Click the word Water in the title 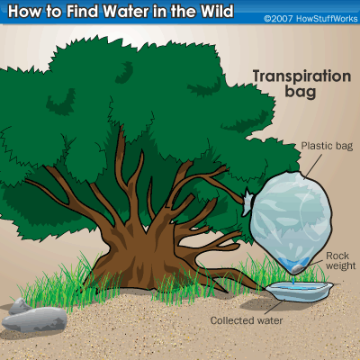(x=126, y=11)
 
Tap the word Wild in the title (x=217, y=11)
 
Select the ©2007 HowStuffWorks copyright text (x=310, y=19)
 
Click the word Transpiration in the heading (x=301, y=76)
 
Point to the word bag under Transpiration (x=301, y=92)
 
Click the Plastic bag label (x=327, y=146)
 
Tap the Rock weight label (x=340, y=261)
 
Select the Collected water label (x=247, y=320)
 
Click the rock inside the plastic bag (x=298, y=269)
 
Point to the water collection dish (x=299, y=291)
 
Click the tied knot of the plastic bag (x=247, y=201)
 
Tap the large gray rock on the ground (x=34, y=319)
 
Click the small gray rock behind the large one (x=20, y=306)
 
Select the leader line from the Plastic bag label (x=312, y=166)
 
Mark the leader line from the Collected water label (x=274, y=307)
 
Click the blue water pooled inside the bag (x=292, y=263)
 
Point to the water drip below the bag (x=292, y=280)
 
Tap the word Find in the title (x=82, y=11)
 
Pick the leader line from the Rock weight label (x=315, y=263)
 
